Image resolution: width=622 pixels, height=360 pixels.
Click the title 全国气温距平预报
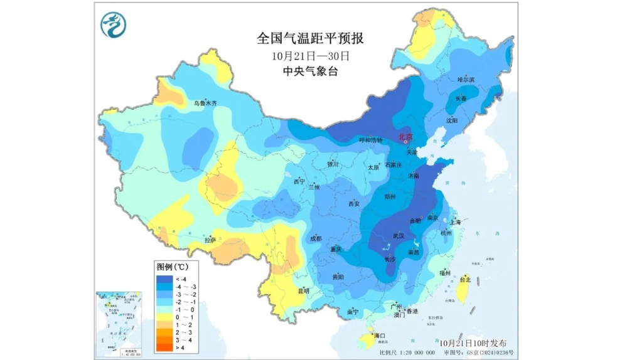coord(310,38)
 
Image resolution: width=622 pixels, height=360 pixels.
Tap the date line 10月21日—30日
coord(310,55)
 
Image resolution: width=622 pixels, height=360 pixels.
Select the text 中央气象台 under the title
coord(310,71)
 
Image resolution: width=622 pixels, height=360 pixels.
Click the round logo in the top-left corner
coord(114,24)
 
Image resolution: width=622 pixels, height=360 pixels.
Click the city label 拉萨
coord(210,240)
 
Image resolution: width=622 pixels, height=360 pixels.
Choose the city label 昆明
coord(304,290)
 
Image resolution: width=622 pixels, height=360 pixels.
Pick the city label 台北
coord(465,279)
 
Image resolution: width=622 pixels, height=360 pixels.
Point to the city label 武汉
coord(398,235)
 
